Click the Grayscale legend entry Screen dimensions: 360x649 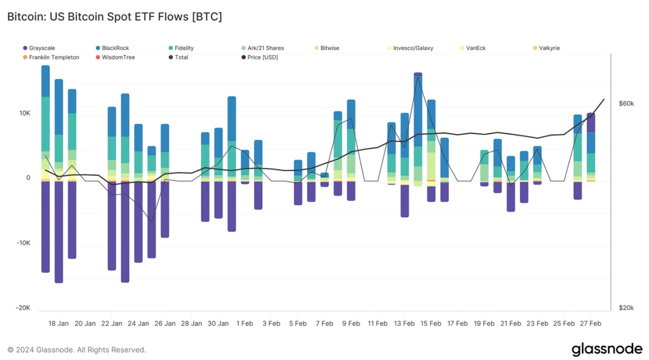tap(41, 48)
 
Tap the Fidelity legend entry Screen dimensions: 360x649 tap(184, 48)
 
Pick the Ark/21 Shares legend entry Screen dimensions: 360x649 tap(265, 48)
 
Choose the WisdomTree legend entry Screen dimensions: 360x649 tap(118, 57)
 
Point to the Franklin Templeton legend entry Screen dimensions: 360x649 tap(54, 57)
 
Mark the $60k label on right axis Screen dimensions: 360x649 tap(626, 104)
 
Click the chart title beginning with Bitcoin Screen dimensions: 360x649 tap(114, 17)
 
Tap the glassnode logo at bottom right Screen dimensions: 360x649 tap(607, 349)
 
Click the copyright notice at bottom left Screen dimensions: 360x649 tap(76, 350)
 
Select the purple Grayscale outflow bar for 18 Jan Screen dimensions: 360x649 tap(59, 231)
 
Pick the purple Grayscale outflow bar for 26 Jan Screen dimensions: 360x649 tap(165, 209)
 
